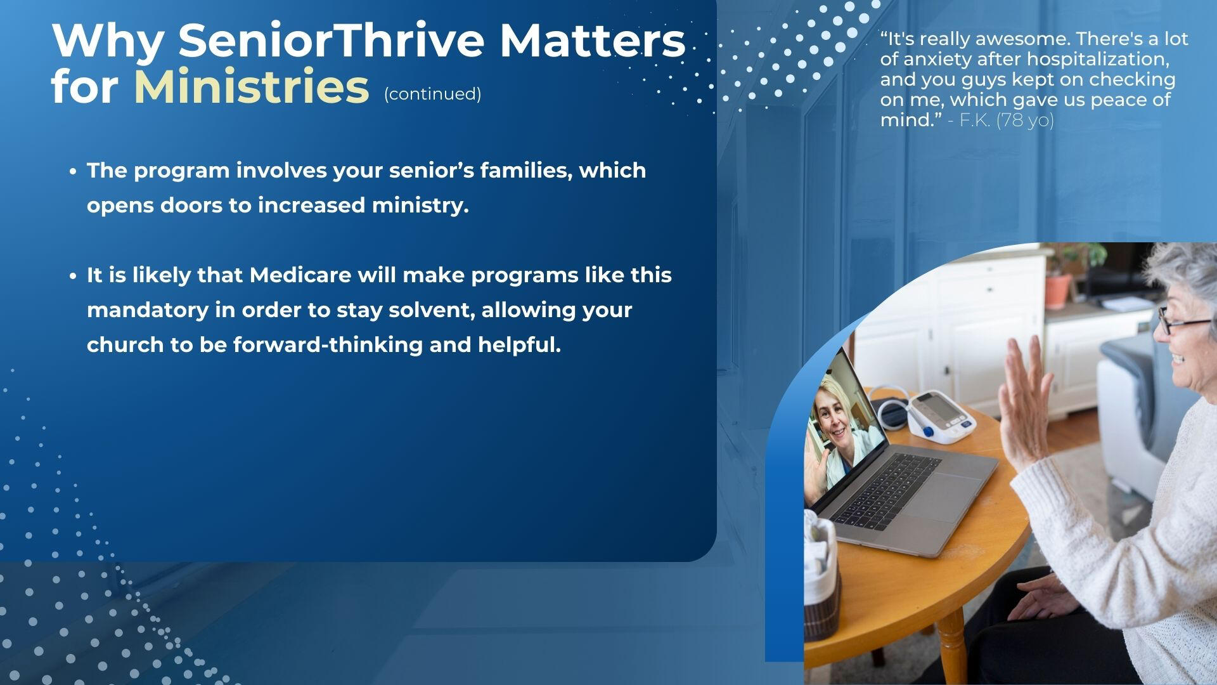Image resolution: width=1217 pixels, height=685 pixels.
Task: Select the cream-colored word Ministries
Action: click(x=252, y=87)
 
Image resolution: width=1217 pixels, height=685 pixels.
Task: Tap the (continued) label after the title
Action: click(x=432, y=94)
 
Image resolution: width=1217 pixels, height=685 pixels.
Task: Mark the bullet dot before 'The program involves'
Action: click(x=74, y=171)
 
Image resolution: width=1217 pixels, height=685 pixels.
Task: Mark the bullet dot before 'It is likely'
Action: click(x=74, y=276)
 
